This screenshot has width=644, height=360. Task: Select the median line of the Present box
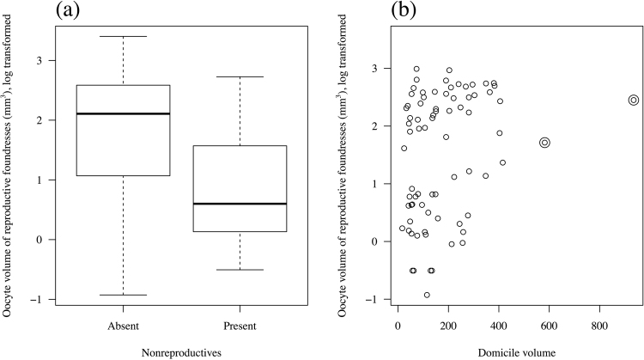239,204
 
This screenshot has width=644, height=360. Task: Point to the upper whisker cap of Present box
239,76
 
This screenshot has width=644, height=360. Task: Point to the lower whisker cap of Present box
239,270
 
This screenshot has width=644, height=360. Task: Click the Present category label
239,327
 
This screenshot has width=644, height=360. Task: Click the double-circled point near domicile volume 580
544,143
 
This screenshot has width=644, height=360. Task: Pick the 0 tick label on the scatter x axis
398,327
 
